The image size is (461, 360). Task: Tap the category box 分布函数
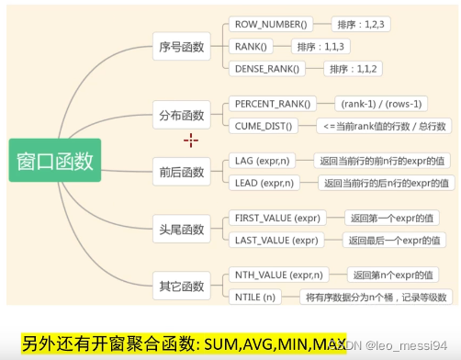click(x=181, y=116)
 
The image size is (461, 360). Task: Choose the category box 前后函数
click(x=181, y=171)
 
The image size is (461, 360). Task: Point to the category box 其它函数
click(x=181, y=286)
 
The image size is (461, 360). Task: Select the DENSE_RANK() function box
click(x=268, y=68)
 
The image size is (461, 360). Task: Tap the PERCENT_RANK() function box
click(x=273, y=104)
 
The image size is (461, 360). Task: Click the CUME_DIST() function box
click(x=263, y=126)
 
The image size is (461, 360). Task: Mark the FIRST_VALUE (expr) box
click(x=277, y=218)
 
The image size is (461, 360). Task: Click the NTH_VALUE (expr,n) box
click(x=279, y=275)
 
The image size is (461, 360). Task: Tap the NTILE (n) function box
click(x=256, y=297)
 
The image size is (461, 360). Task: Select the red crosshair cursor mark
click(x=191, y=140)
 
